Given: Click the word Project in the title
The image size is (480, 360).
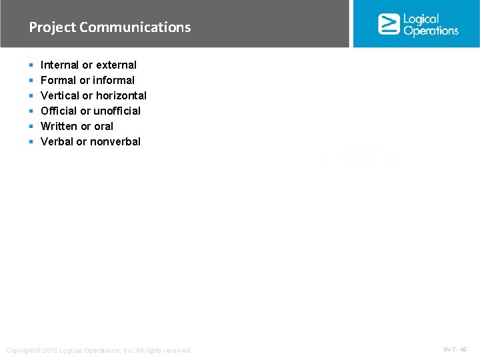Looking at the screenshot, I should pos(52,27).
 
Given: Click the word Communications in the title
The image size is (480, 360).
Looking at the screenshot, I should pos(135,27).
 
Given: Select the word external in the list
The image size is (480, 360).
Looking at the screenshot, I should pos(116,65).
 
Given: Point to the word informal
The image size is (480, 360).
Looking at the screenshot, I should pos(113,80).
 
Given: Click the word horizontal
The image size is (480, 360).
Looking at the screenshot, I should pos(121,95).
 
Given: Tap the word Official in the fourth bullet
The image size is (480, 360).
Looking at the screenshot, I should pos(59,111).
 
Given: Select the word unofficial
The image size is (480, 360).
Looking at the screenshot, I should pos(117,111).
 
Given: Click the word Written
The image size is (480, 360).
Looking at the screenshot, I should pos(58,126).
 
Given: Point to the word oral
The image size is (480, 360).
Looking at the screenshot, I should pos(103,126).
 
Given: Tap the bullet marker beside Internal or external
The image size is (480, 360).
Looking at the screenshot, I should pos(31,65).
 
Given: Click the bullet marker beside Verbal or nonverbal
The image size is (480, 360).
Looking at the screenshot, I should pos(31,142).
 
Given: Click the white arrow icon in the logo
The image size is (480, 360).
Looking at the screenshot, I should pos(389,24).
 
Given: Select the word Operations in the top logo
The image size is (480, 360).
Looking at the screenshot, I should pos(431,31).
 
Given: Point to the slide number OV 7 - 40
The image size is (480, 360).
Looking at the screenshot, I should pos(455,349).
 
